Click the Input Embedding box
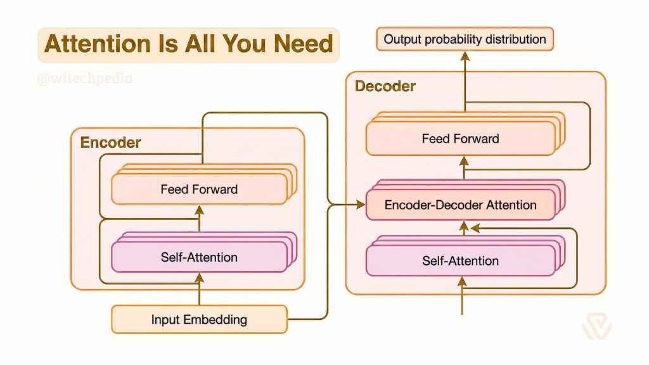[x=199, y=319]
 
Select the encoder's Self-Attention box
[x=199, y=257]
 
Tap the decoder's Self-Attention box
[x=460, y=260]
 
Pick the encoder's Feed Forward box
[x=199, y=189]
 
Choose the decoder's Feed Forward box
[x=460, y=138]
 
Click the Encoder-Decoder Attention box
[x=460, y=205]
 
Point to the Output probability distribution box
[x=465, y=39]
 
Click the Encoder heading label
[x=110, y=143]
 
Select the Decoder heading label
[x=385, y=86]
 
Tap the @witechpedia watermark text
[x=84, y=79]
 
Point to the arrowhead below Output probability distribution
[x=465, y=56]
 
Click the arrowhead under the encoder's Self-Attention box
[x=199, y=277]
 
